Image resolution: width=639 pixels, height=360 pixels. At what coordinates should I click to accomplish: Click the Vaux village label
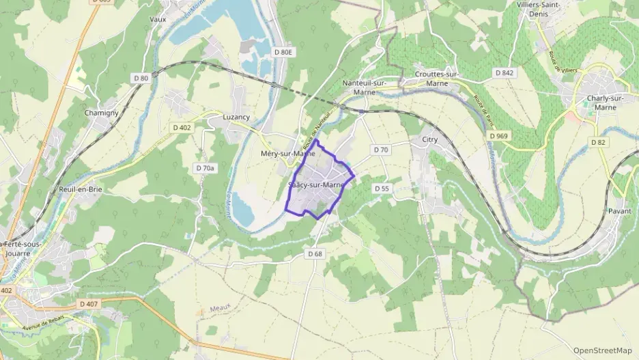(158, 20)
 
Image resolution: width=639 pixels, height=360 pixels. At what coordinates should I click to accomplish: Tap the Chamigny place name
(101, 113)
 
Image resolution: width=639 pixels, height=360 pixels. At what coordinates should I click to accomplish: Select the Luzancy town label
(236, 117)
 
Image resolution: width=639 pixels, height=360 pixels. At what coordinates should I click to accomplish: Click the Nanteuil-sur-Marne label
(365, 87)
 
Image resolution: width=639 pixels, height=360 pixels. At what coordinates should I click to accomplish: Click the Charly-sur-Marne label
(606, 102)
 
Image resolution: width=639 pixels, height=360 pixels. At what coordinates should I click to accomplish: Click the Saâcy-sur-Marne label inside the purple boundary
(315, 185)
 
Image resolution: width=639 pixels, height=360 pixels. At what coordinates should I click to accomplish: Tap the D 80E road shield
(283, 52)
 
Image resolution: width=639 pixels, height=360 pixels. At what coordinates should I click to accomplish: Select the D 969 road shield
(499, 137)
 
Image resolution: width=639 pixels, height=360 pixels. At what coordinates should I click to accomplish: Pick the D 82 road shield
(598, 142)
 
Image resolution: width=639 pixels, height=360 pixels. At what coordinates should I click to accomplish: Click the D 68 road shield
(314, 253)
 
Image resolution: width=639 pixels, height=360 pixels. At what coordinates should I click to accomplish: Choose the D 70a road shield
(205, 168)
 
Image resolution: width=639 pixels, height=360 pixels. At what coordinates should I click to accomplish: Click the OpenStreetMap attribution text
(603, 350)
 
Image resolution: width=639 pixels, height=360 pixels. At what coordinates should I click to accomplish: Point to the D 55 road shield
(381, 188)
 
